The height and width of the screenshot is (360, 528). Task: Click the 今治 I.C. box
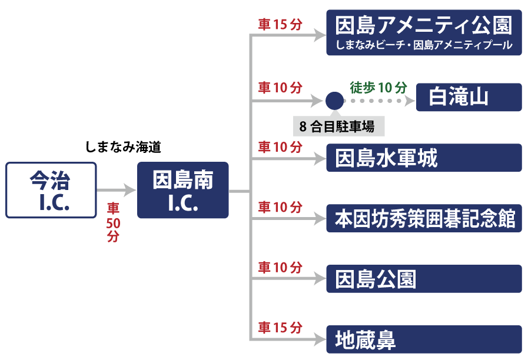coord(51,190)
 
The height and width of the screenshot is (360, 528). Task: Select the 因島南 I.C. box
coord(182,190)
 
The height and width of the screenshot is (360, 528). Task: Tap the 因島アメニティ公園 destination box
coord(424,32)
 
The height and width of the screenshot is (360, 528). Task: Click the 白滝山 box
coord(469,97)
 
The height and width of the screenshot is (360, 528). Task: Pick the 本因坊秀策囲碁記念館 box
coord(424,219)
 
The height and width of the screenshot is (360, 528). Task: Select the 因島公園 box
coord(424,279)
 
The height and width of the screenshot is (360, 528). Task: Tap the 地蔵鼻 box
coord(424,339)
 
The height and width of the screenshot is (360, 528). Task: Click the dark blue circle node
coord(334,101)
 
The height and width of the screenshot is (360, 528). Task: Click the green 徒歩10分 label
coord(378,88)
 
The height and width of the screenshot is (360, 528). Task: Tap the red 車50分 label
coord(113,222)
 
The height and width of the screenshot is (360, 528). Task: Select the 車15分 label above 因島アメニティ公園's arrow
coord(280,25)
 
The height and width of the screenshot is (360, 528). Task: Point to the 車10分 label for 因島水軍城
coord(280,146)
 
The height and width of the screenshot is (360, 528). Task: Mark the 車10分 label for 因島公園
coord(280,267)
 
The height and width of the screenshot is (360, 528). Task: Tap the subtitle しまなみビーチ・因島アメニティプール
coord(424,45)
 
